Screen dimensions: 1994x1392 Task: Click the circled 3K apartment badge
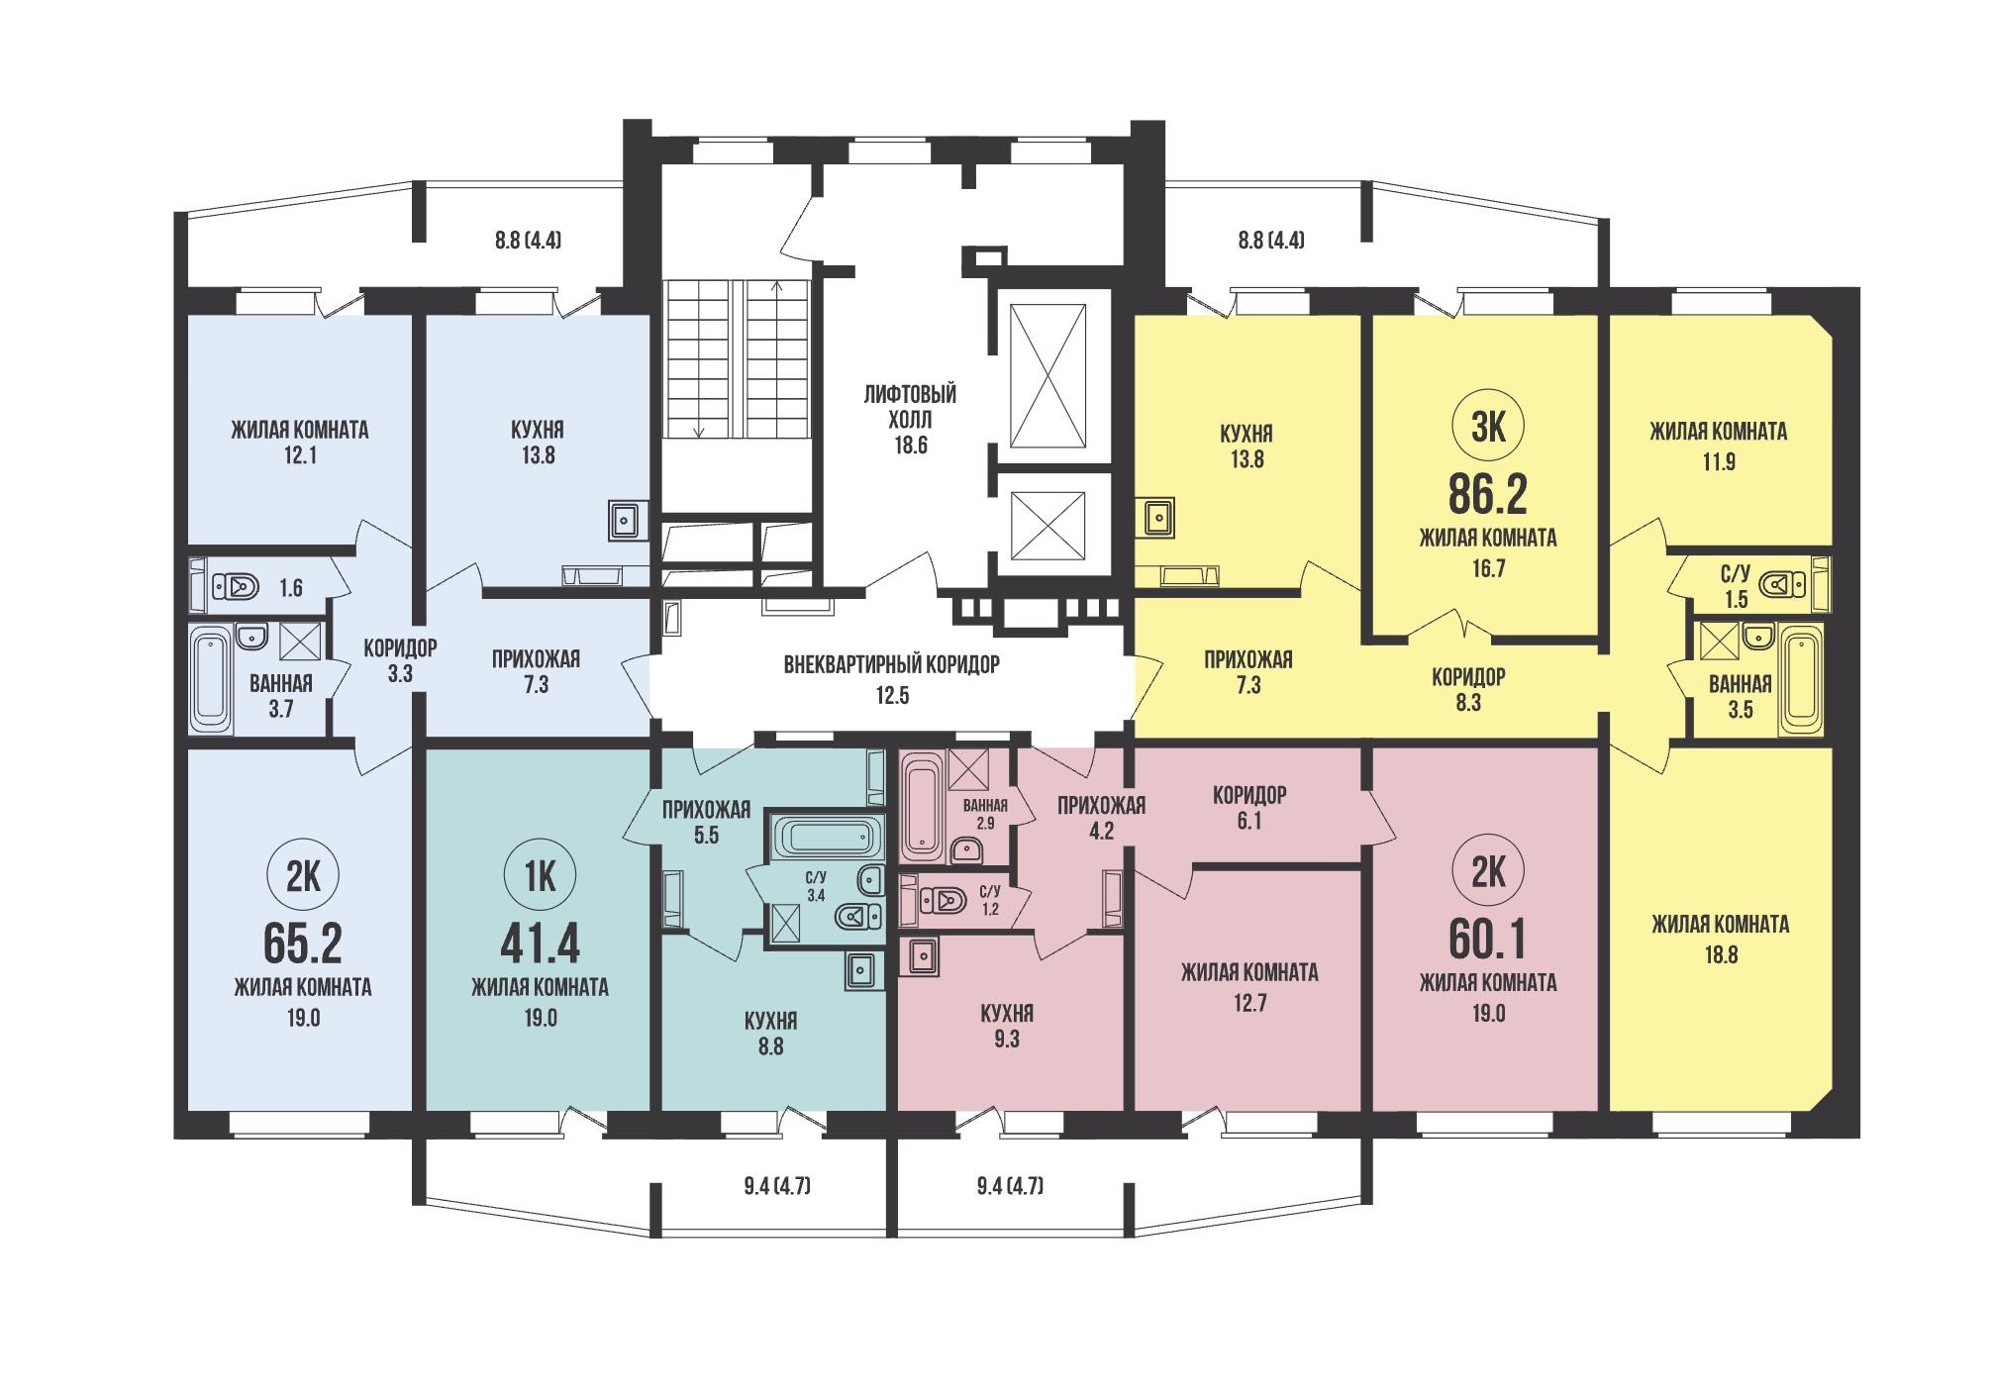tap(1487, 428)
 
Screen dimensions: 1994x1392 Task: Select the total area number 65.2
tap(303, 945)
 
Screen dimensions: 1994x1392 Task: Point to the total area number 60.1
tap(1487, 940)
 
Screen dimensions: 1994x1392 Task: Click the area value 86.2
tap(1487, 493)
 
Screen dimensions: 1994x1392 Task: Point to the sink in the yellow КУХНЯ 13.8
tap(1155, 516)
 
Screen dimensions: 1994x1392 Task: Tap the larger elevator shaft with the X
tap(1047, 376)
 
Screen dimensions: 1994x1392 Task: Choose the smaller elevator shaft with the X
tap(1047, 525)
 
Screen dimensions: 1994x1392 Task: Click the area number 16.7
tap(1487, 568)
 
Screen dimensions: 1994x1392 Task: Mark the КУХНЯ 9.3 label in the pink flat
tap(1006, 1027)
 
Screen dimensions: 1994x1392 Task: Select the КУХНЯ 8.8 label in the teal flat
tap(770, 1033)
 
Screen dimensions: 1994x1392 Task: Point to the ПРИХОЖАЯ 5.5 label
tap(706, 822)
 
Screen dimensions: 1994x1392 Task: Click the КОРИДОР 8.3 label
tap(1468, 689)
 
